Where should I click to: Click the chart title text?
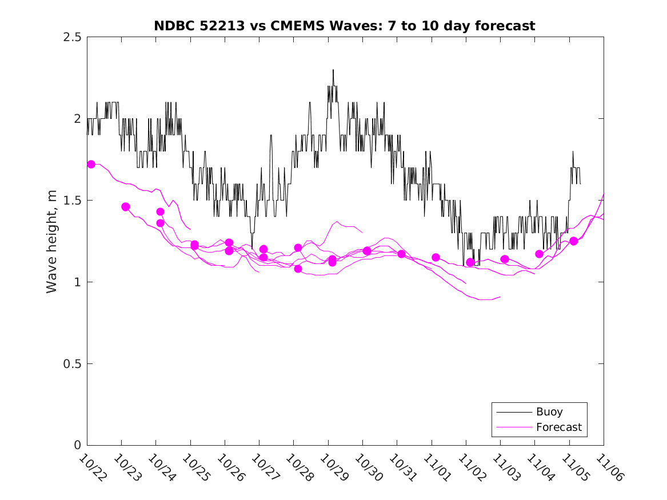coord(345,26)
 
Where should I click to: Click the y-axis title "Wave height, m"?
coord(52,241)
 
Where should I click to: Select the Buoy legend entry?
coord(549,411)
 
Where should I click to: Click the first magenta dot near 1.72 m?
coord(91,164)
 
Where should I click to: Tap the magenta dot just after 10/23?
coord(126,207)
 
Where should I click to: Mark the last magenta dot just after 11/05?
coord(574,241)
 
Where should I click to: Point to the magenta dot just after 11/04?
coord(539,254)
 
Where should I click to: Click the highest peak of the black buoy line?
coord(333,70)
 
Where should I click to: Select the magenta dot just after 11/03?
coord(505,259)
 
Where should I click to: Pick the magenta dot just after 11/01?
coord(436,257)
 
